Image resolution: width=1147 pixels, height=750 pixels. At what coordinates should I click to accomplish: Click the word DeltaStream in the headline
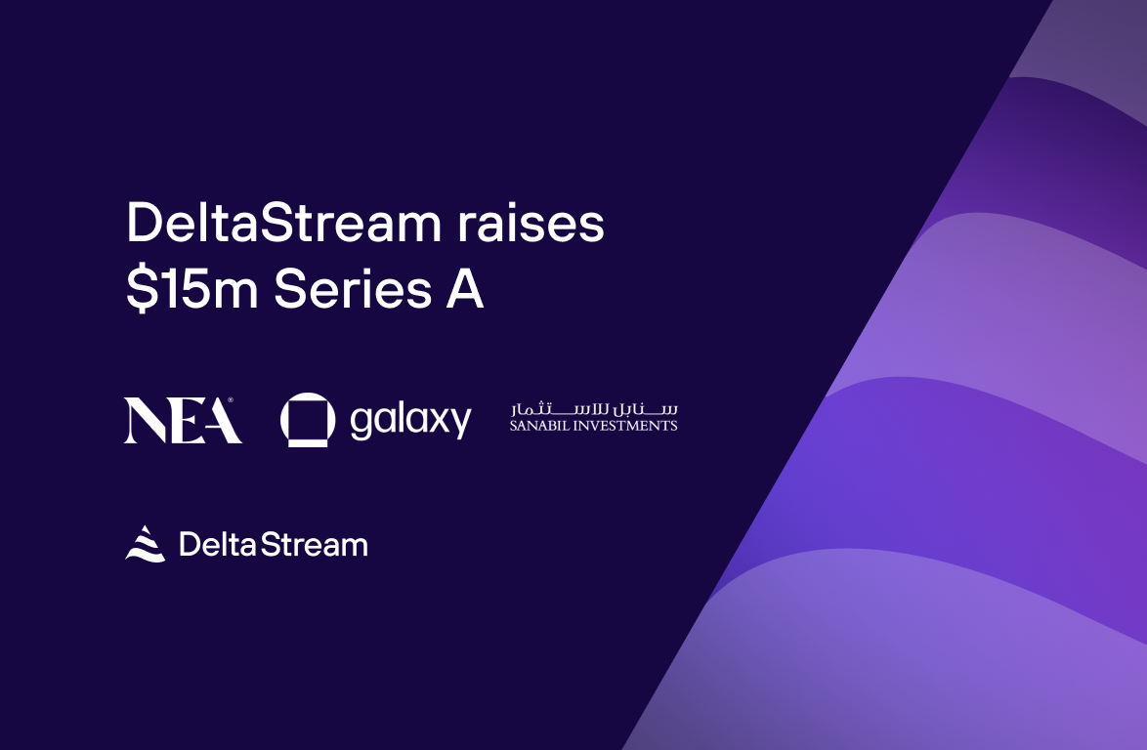283,225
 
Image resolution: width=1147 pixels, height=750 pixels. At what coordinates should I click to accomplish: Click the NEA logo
183,420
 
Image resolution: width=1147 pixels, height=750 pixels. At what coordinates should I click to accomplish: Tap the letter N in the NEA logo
145,421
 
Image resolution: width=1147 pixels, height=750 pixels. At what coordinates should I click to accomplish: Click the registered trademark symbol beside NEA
231,400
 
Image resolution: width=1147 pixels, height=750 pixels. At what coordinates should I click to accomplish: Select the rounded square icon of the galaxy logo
308,420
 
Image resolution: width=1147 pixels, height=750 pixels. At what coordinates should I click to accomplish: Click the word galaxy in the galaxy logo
410,421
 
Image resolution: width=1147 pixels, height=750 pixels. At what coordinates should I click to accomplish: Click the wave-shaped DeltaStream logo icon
146,543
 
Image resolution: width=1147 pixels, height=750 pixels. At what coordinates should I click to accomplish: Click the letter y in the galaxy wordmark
459,424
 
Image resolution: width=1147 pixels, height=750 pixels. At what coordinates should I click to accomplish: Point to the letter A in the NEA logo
222,421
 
